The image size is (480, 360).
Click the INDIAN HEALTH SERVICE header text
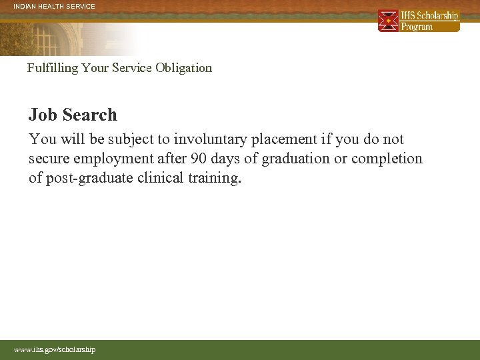55,7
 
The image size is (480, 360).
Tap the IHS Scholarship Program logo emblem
388,21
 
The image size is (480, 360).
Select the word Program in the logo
417,27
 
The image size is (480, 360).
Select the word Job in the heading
41,115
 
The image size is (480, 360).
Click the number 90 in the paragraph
199,159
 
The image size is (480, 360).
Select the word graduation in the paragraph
297,159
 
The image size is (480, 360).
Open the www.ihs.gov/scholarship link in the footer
55,349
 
